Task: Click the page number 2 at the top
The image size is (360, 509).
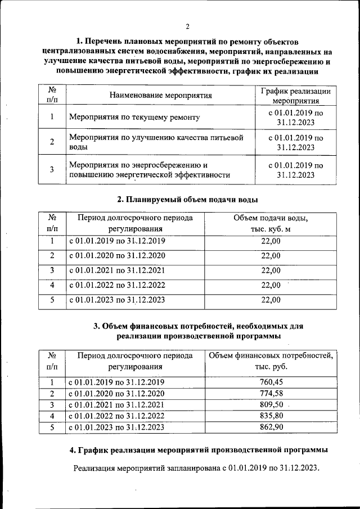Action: (x=187, y=26)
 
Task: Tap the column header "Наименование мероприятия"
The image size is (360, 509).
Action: (x=161, y=95)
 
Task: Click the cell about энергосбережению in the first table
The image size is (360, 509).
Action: (x=149, y=169)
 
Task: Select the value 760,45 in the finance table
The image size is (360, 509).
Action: (x=271, y=382)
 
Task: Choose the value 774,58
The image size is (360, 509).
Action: (x=271, y=393)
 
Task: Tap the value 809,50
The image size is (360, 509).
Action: (x=271, y=404)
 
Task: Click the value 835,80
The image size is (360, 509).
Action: (x=271, y=416)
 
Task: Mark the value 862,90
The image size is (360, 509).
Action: (x=271, y=427)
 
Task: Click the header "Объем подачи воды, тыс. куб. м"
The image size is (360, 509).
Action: (x=271, y=223)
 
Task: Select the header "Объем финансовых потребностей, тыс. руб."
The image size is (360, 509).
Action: (x=271, y=361)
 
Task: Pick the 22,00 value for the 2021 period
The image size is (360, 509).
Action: (x=271, y=270)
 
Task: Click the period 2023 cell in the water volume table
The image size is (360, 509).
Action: (x=117, y=300)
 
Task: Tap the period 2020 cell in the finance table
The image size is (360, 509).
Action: (x=116, y=393)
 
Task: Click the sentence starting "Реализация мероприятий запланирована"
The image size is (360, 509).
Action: (x=196, y=468)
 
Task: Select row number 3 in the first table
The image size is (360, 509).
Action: (x=52, y=169)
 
